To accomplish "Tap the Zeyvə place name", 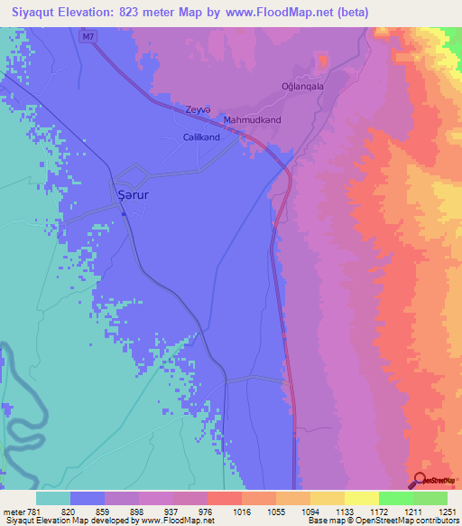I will (x=198, y=109).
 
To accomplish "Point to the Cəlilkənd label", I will (x=201, y=137).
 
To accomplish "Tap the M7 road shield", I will (x=87, y=35).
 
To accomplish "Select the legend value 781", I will (x=33, y=512).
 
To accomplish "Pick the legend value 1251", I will (x=446, y=512).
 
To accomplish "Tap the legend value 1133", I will (x=344, y=512).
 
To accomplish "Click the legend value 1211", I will (x=412, y=512).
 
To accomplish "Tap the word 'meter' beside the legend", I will (x=13, y=512).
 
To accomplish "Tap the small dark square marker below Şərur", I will (x=124, y=214).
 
